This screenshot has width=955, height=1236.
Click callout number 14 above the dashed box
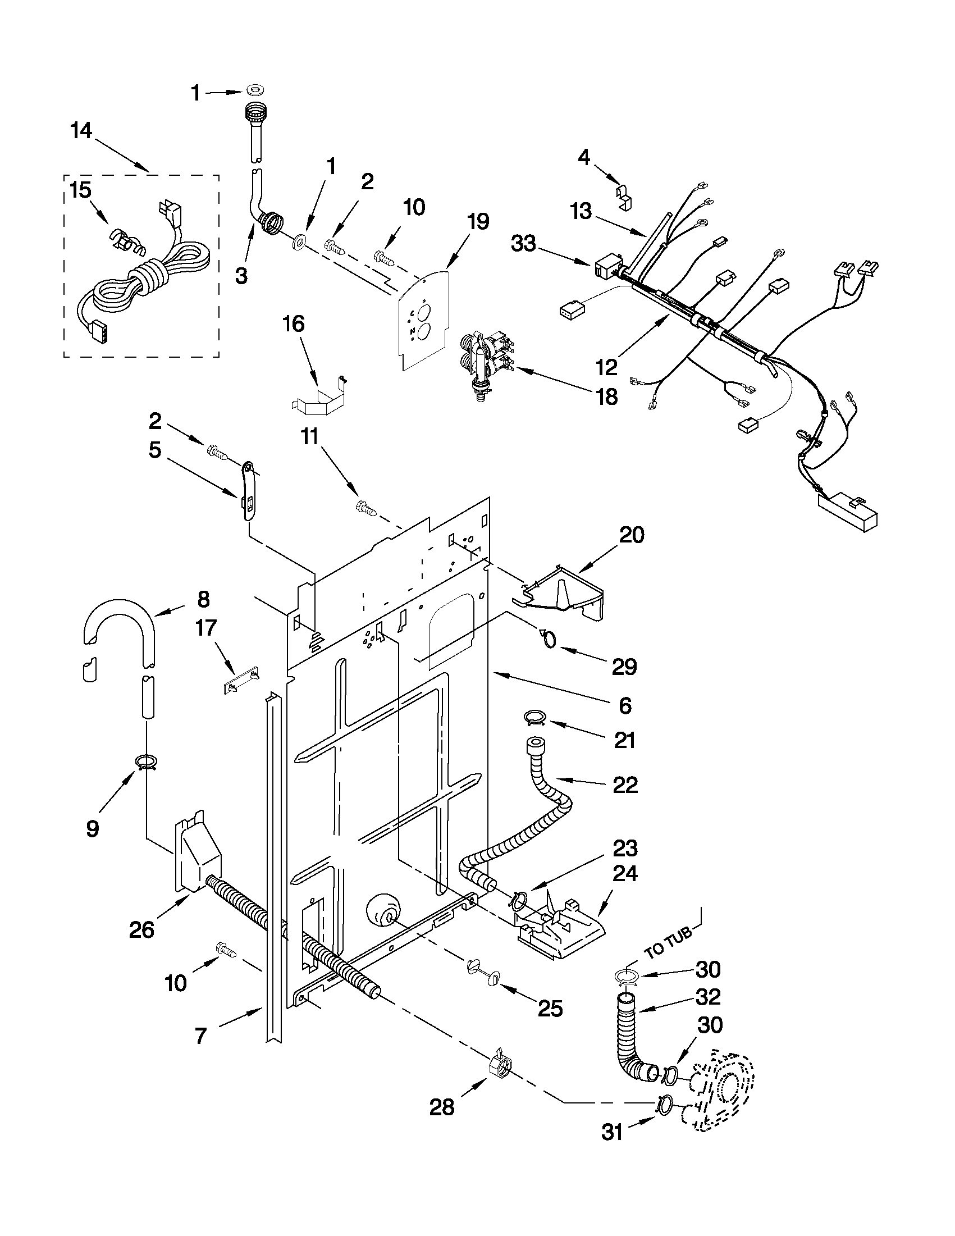click(x=81, y=131)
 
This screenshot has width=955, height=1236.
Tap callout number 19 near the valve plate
click(x=478, y=222)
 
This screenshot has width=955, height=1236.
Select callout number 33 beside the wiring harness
click(x=523, y=245)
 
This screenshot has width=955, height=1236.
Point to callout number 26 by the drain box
click(x=141, y=929)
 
